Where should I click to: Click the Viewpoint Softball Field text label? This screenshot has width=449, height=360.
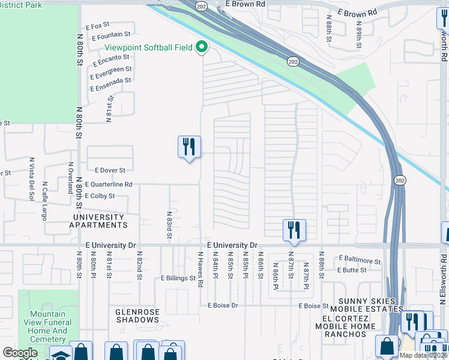coord(149,47)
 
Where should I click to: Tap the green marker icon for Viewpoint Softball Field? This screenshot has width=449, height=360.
coord(202,47)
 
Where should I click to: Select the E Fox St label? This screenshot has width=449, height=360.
coord(98,26)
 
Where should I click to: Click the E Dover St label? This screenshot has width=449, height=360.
coord(108,170)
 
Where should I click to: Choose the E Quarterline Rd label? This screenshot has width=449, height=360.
coord(108,185)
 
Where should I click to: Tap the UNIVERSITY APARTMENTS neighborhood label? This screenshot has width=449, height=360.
coord(98,221)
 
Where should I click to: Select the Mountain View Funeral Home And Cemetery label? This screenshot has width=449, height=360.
coord(49,326)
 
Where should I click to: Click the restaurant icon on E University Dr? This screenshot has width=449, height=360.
coord(294,229)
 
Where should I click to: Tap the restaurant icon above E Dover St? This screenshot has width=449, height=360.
coord(189,146)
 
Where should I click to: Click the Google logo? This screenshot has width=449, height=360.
coord(20,353)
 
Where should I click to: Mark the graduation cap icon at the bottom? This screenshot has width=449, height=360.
coord(60,354)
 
